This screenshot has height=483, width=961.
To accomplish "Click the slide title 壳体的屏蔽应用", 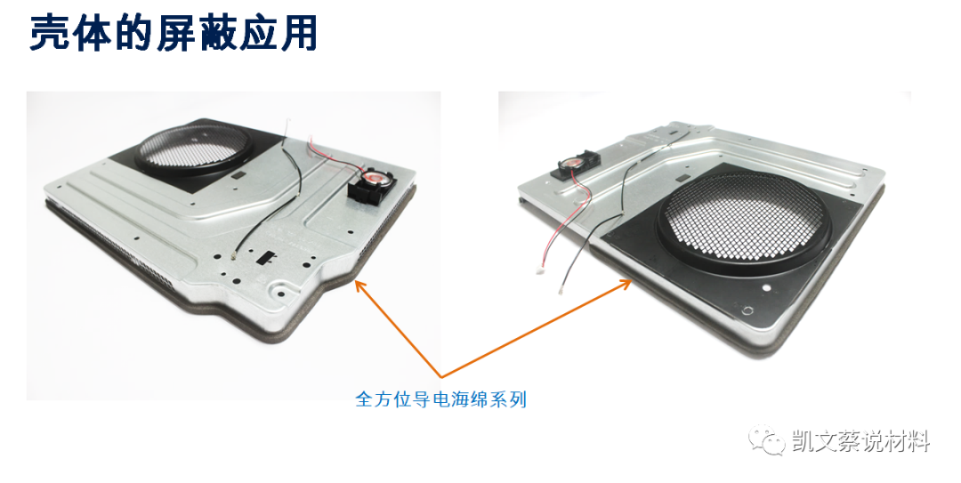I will coord(174,35).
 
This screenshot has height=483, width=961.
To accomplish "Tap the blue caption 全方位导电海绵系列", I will coord(440,399).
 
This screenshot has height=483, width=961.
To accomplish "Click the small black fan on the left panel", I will coord(367,189).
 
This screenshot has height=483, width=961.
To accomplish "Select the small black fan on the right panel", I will coord(574,165).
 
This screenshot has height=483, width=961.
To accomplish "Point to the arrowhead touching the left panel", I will coord(359,285).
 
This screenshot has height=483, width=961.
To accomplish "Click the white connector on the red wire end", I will coord(539,276).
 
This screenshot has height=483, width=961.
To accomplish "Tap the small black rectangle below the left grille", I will coord(237,180).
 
